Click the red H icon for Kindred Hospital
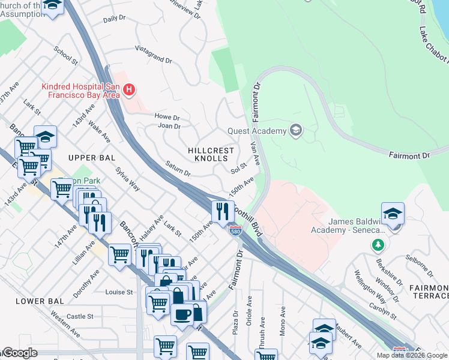tap(128, 91)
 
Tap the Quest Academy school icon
tap(295, 130)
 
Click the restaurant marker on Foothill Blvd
tap(222, 211)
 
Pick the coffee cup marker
tap(182, 314)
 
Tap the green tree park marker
tap(378, 245)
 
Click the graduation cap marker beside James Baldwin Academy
tap(393, 214)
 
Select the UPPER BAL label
tap(90, 157)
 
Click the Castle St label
tap(80, 316)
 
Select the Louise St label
tap(118, 292)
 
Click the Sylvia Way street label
tap(128, 179)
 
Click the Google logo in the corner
tap(19, 353)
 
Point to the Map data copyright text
tap(412, 355)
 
